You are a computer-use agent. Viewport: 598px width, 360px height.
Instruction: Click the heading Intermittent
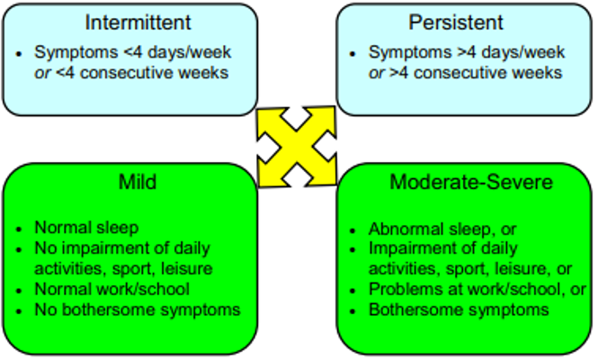pyautogui.click(x=134, y=22)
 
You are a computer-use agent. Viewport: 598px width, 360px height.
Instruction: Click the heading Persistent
pyautogui.click(x=465, y=22)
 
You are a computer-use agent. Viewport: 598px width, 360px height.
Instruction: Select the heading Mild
pyautogui.click(x=138, y=184)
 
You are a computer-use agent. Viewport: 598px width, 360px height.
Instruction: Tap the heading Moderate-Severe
pyautogui.click(x=466, y=184)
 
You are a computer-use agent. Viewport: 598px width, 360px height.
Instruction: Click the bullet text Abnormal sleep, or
pyautogui.click(x=442, y=229)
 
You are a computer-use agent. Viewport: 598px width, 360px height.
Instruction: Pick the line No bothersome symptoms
pyautogui.click(x=138, y=310)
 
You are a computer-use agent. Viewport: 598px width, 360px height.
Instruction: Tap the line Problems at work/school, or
pyautogui.click(x=478, y=290)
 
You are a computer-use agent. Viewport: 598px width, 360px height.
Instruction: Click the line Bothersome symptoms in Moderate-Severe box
pyautogui.click(x=459, y=310)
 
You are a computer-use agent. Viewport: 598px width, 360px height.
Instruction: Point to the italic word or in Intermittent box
pyautogui.click(x=42, y=73)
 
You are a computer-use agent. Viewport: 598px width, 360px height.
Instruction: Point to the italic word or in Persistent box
pyautogui.click(x=376, y=73)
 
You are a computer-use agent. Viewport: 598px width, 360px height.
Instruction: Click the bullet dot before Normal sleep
pyautogui.click(x=20, y=229)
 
